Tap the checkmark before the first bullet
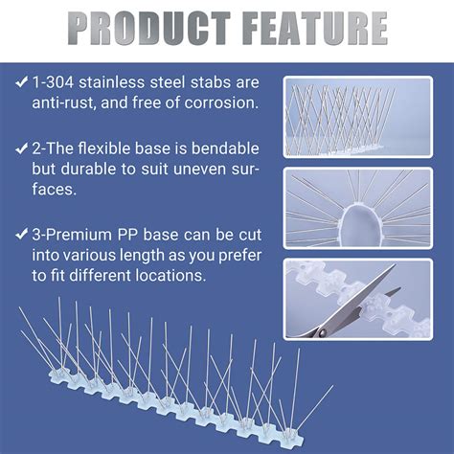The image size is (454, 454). (x=21, y=83)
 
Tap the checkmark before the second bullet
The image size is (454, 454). (x=21, y=150)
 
